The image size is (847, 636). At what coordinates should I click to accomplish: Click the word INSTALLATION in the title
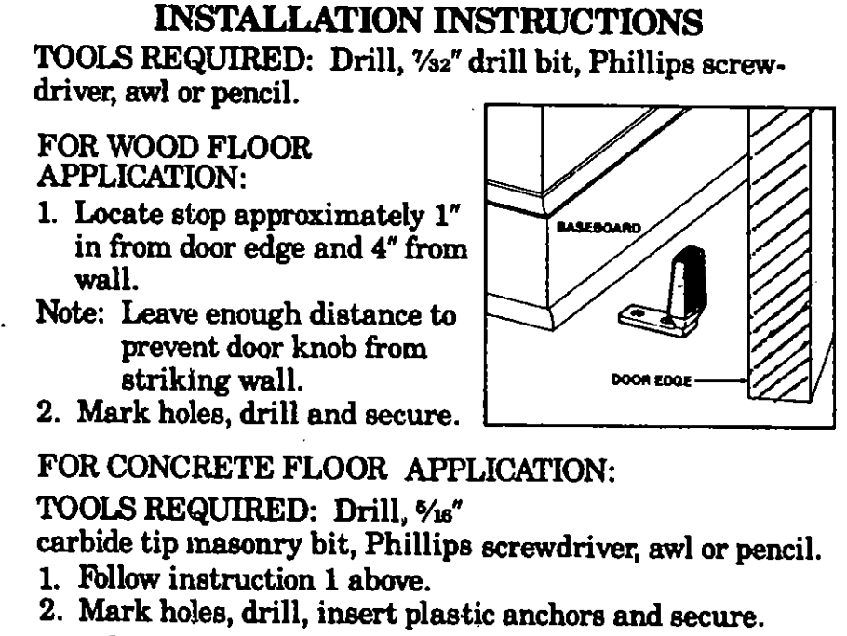click(288, 20)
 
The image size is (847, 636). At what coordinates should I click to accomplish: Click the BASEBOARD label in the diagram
click(598, 227)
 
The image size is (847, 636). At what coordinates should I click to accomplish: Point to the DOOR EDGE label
click(651, 380)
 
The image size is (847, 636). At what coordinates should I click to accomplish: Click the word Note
click(69, 312)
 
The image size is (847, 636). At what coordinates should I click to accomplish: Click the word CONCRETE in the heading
click(195, 467)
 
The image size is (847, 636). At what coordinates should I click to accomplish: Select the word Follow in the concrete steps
click(119, 579)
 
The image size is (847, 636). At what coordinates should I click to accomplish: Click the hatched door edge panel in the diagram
click(780, 255)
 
